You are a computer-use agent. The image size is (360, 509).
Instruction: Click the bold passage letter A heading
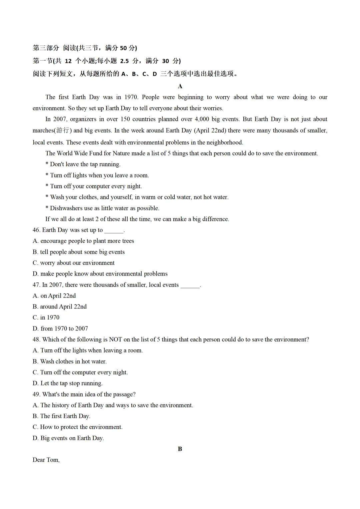(180, 86)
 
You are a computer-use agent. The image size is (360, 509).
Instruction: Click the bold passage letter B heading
(180, 449)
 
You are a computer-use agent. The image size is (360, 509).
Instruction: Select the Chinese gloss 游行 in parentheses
(62, 131)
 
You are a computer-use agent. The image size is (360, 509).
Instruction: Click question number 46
(36, 230)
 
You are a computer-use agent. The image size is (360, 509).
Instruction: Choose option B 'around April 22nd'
(60, 307)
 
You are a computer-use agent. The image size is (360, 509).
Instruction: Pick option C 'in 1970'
(46, 318)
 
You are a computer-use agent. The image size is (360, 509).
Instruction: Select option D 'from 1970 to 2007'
(60, 329)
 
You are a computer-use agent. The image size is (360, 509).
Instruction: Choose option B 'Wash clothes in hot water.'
(70, 362)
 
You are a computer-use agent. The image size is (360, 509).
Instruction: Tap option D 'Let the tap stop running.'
(68, 383)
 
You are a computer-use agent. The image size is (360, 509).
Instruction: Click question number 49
(36, 394)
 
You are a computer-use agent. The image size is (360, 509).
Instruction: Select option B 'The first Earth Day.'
(61, 416)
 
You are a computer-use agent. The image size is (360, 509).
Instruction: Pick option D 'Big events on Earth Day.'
(68, 438)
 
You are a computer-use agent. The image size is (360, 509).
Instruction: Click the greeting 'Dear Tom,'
(46, 460)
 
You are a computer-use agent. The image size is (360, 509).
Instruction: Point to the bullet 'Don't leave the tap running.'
(85, 164)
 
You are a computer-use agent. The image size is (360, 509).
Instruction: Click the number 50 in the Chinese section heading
(123, 48)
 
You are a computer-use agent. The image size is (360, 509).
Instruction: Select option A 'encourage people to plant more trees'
(83, 241)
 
